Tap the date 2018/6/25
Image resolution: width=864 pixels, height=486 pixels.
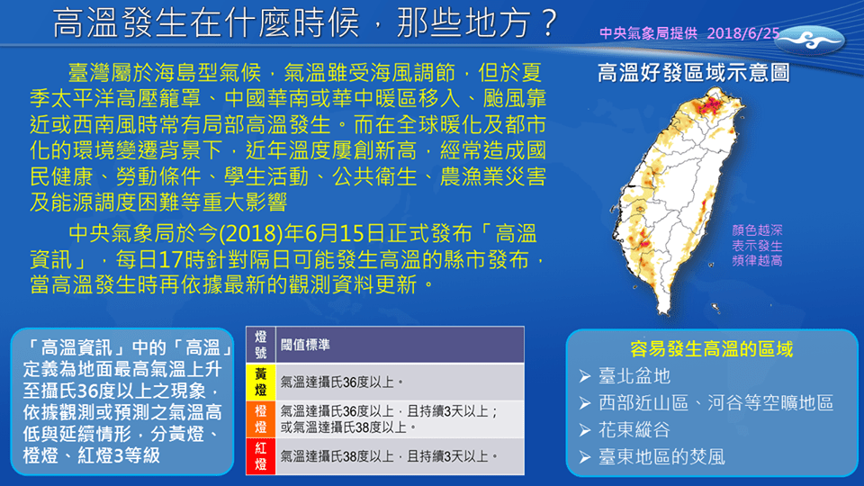(x=744, y=33)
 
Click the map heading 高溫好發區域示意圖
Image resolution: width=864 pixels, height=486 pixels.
(x=693, y=72)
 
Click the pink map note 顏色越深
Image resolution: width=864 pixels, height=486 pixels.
(x=757, y=230)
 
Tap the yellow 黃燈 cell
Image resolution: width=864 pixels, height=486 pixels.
(x=260, y=381)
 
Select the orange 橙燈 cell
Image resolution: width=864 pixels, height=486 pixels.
(x=260, y=418)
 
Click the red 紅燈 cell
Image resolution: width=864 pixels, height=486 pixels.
(x=260, y=455)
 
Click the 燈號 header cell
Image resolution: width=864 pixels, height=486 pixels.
(x=260, y=344)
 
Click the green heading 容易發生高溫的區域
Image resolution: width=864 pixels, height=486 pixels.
(x=712, y=349)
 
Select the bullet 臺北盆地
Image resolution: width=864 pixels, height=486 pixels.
(x=634, y=376)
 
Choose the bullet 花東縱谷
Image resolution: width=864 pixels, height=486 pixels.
(x=634, y=429)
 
